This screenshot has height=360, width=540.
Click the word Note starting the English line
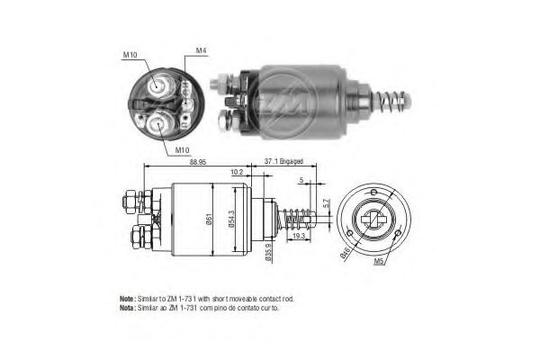click(x=126, y=298)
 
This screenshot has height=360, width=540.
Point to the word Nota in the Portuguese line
click(x=126, y=308)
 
